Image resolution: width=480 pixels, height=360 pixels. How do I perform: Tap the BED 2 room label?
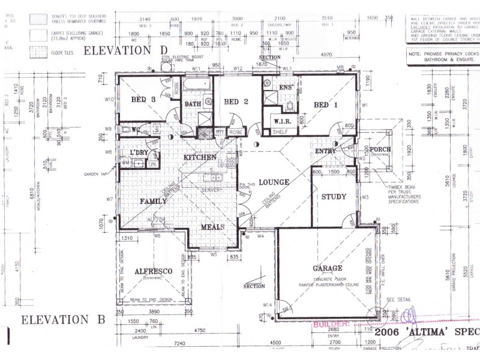pos(236,102)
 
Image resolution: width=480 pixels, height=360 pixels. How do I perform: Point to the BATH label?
pos(193,104)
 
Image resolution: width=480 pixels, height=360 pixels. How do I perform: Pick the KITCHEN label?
pos(200,157)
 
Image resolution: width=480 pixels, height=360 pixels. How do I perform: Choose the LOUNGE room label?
pos(275,182)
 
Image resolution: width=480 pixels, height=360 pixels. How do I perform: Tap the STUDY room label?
pos(334,197)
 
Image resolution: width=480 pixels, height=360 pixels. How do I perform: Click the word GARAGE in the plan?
pos(327,268)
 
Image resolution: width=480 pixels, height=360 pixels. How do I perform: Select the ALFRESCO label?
pos(154,271)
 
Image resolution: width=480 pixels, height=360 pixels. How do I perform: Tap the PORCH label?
pos(380,149)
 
